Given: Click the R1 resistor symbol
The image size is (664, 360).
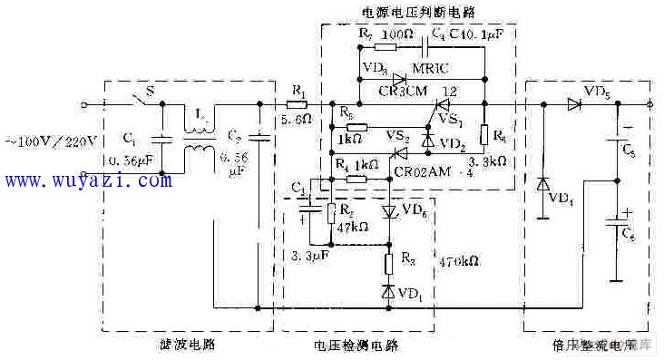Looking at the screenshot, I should (298, 104).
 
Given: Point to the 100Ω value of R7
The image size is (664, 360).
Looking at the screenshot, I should (397, 34).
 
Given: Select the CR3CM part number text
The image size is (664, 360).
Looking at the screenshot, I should (384, 92).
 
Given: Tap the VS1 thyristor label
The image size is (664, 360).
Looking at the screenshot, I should (451, 121).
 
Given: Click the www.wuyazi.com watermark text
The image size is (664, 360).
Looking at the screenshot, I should (87, 180).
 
